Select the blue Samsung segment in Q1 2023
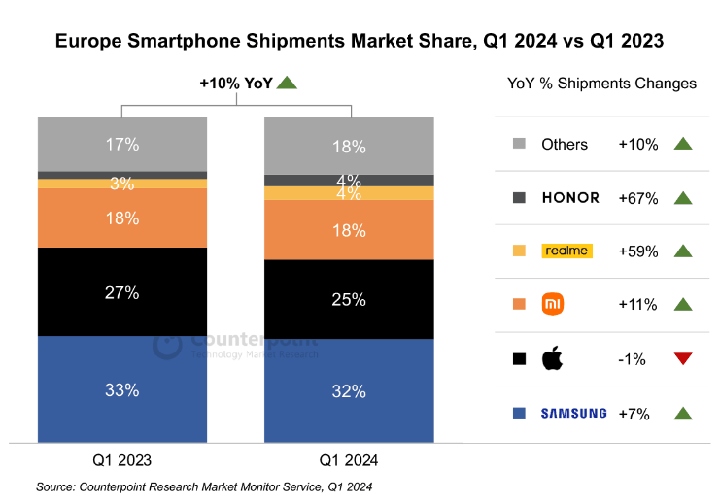tap(121, 388)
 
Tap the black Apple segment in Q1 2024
tap(350, 299)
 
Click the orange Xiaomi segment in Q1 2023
tap(121, 218)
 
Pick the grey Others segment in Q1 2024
tap(350, 146)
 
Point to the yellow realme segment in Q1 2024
tap(350, 193)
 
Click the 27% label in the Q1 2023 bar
tap(122, 292)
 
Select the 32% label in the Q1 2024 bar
tap(350, 392)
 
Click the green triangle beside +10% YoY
tap(286, 84)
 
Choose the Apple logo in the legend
tap(552, 358)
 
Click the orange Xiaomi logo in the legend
tap(553, 304)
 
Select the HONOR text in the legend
tap(570, 198)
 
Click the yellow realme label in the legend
tap(567, 251)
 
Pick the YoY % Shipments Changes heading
tap(601, 84)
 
